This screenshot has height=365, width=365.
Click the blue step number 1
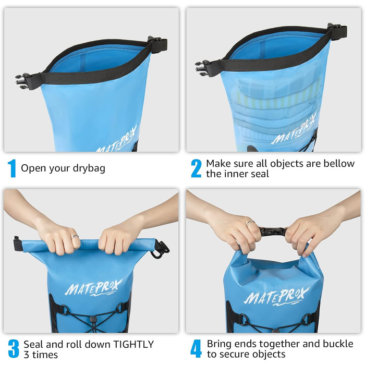pyautogui.click(x=11, y=168)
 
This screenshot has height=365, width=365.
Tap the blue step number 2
pyautogui.click(x=196, y=168)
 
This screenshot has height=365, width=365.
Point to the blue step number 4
pyautogui.click(x=196, y=349)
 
